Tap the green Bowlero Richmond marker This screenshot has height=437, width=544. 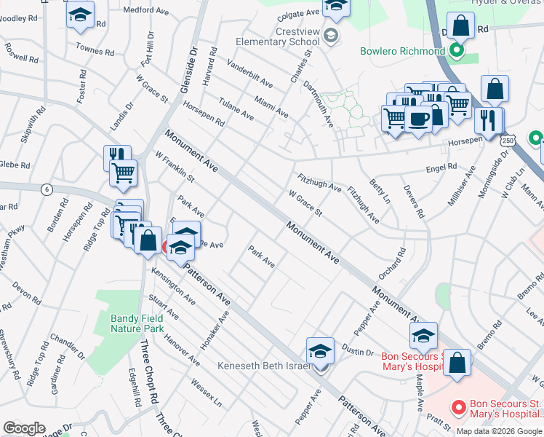click(x=456, y=51)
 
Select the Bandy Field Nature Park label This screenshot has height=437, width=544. click(x=137, y=323)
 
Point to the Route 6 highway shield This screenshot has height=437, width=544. click(x=47, y=189)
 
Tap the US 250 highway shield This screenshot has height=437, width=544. click(x=508, y=139)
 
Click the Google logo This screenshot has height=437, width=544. click(x=24, y=428)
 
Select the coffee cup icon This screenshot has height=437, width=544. click(x=418, y=119)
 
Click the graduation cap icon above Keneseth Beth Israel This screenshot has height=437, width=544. click(x=320, y=351)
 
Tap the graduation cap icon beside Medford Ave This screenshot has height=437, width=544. click(x=80, y=15)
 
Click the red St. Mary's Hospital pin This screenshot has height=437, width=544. click(x=458, y=406)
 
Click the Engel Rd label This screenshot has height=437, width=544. click(x=441, y=167)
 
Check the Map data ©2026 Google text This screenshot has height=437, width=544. click(x=499, y=430)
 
